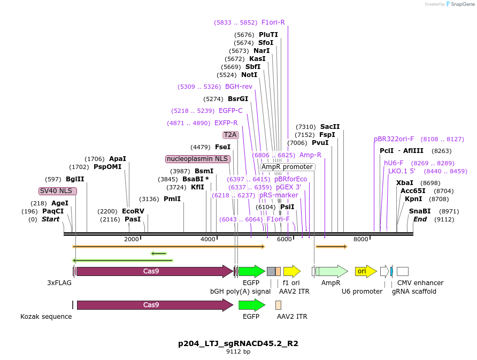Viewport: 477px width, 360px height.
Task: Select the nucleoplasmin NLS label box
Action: point(198,159)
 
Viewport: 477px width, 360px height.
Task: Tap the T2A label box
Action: point(230,135)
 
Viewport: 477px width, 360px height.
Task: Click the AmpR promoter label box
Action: point(287,167)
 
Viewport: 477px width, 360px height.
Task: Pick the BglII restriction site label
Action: point(75,179)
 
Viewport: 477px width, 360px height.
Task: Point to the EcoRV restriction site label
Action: point(133,211)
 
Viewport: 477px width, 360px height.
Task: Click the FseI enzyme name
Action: point(222,147)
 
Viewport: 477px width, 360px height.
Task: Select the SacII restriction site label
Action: point(330,127)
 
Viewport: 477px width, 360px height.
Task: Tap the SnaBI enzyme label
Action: point(420,211)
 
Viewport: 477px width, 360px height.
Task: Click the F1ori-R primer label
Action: point(273,22)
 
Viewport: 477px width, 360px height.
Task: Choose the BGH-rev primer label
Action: point(239,87)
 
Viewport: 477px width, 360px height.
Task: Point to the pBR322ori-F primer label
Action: point(394,139)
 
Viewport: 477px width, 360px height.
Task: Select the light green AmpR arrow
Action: point(332,271)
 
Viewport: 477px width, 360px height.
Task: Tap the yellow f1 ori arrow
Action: point(291,271)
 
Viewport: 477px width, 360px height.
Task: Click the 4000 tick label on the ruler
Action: point(207,239)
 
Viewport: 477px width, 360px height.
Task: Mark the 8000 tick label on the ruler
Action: point(361,239)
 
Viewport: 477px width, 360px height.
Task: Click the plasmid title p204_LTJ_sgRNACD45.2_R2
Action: point(238,343)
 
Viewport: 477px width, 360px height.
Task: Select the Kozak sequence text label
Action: point(46,316)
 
